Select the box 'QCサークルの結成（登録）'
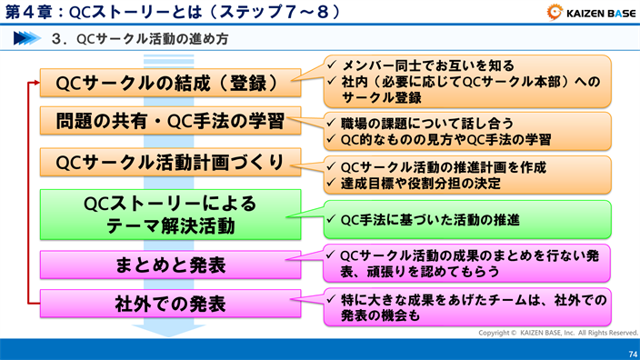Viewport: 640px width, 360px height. tap(170, 83)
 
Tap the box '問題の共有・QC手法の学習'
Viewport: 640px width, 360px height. tap(170, 122)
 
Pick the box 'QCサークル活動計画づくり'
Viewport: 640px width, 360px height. tap(170, 163)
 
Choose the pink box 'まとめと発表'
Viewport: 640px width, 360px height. tap(170, 265)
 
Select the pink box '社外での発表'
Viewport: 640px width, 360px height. tap(170, 302)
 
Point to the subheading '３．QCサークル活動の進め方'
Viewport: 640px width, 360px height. tap(140, 40)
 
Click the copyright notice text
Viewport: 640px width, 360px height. tap(554, 334)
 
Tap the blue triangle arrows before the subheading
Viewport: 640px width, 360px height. tap(29, 40)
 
